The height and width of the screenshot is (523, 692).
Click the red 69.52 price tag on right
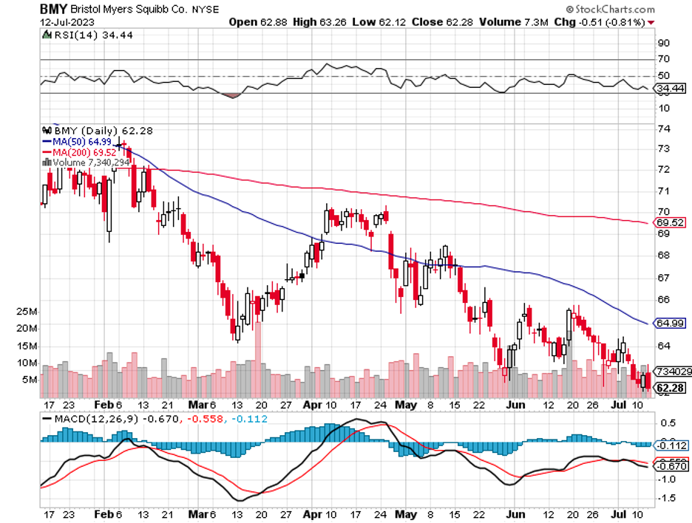point(670,222)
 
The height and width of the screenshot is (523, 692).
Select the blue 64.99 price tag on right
point(670,324)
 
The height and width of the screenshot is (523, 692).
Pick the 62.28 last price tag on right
point(670,388)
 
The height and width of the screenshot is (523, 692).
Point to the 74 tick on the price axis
point(664,129)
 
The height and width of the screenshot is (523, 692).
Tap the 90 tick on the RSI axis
point(664,43)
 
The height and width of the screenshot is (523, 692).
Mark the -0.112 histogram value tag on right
point(672,445)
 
